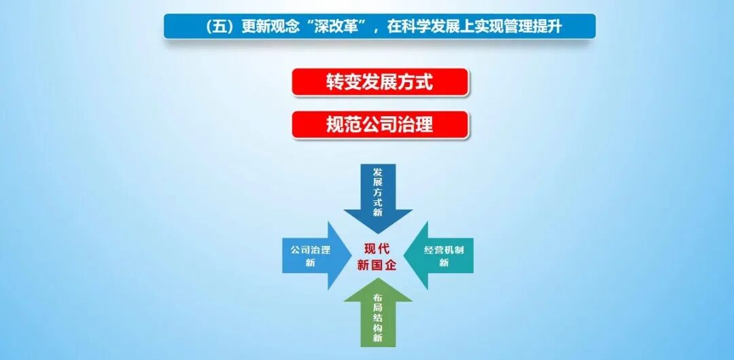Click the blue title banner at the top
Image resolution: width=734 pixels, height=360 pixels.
pos(379,26)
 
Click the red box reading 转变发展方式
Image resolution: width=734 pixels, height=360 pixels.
pos(380,82)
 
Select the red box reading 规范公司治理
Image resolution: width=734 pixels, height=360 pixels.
pos(380,125)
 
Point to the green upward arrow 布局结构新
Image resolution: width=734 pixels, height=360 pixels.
pos(378,316)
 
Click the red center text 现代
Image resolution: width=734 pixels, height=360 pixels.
pos(378,248)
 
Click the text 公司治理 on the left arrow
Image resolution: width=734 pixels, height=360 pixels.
pos(310,249)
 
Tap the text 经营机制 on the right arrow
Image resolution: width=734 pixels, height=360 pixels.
pos(444,249)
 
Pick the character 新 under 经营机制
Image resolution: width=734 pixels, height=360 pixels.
pos(444,263)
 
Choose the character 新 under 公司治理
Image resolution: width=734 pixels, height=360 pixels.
pos(310,263)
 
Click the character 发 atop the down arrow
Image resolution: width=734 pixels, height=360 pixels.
pos(378,173)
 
